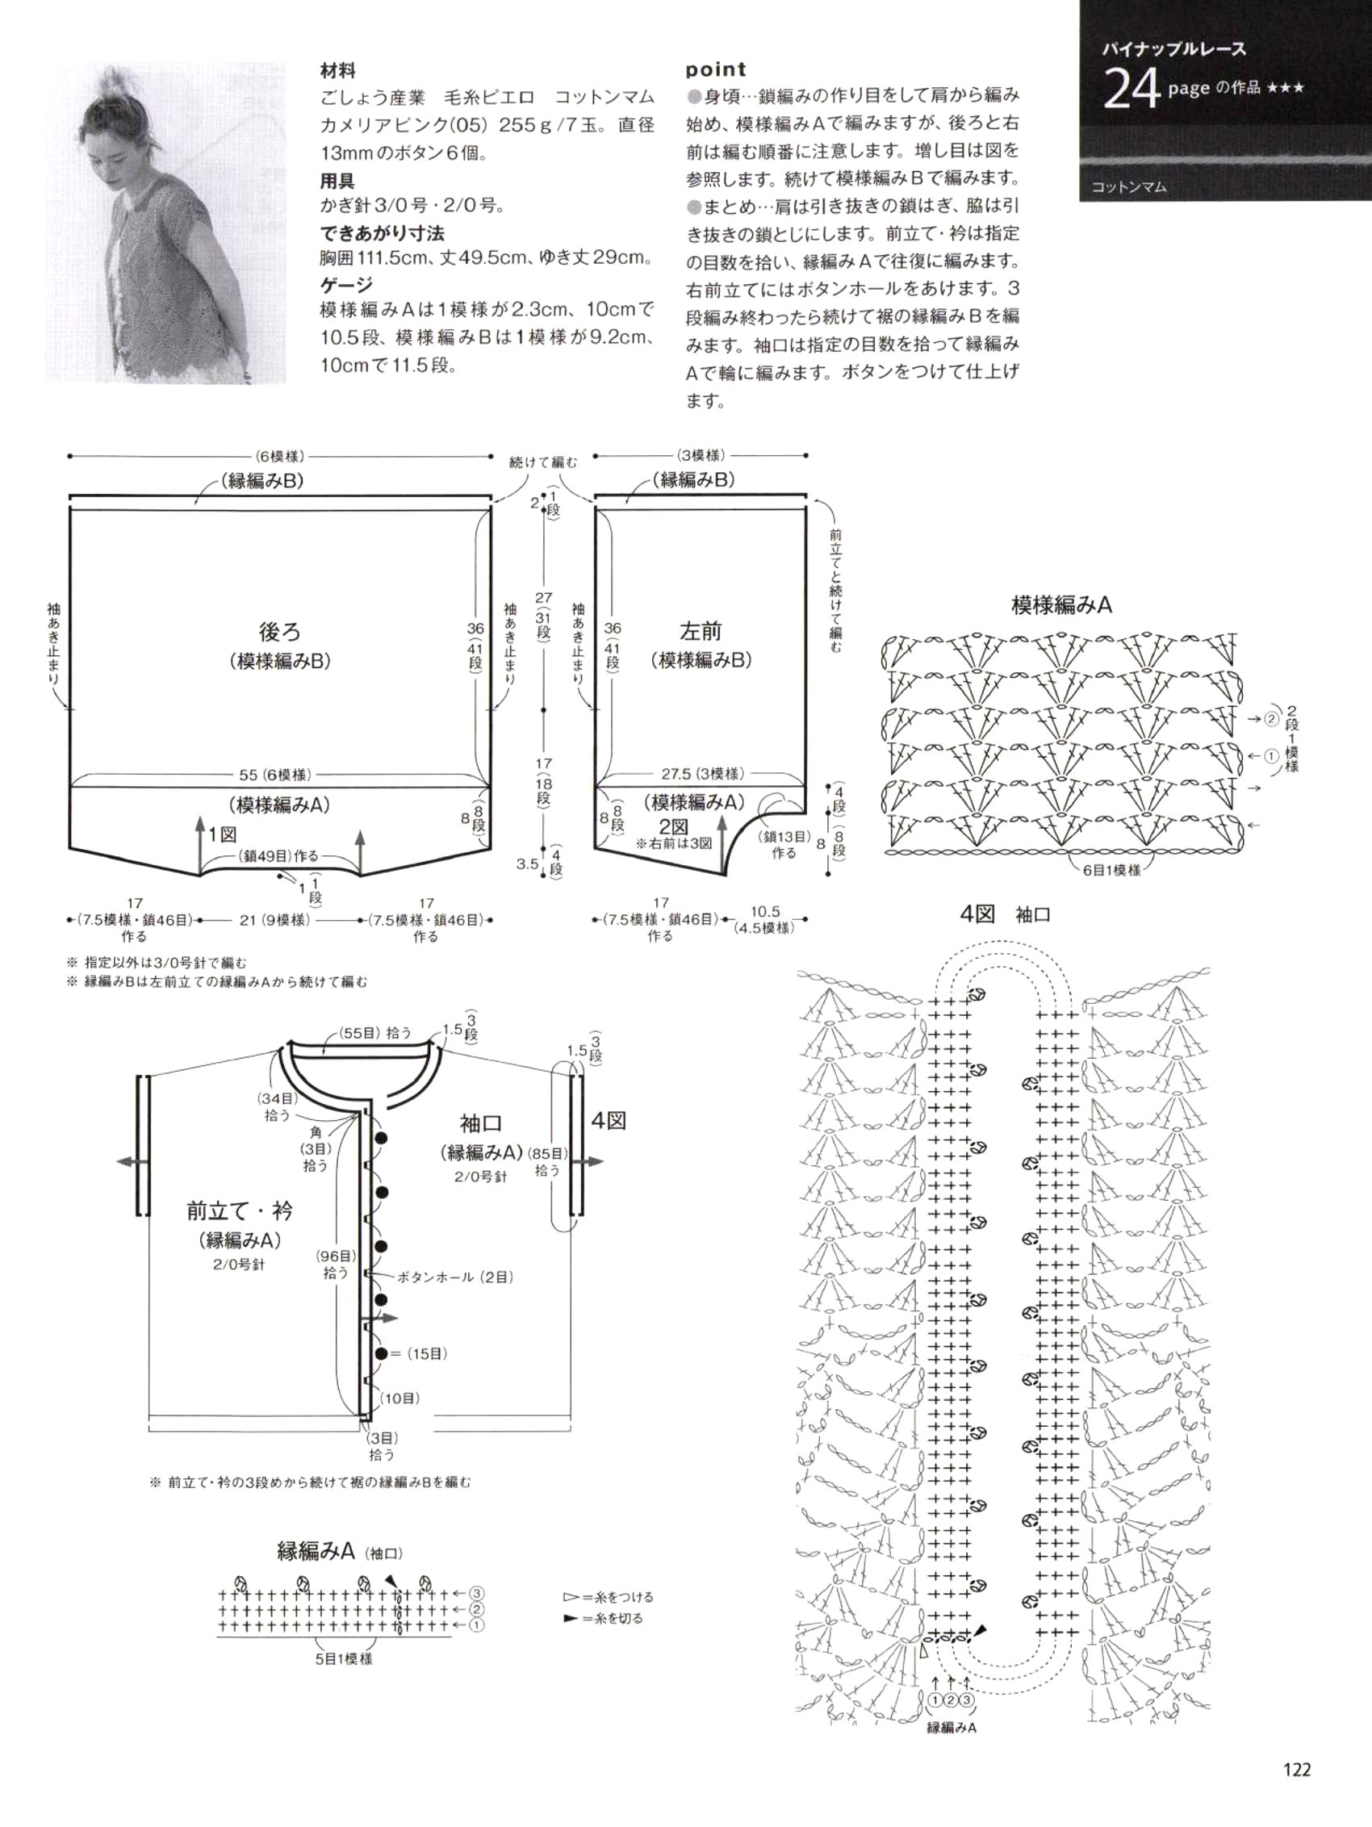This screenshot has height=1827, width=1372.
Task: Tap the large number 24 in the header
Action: click(x=1131, y=90)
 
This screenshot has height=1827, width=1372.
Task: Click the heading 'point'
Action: click(x=715, y=69)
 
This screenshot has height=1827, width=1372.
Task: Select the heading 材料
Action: click(x=338, y=71)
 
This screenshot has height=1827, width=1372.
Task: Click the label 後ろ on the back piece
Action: click(x=280, y=632)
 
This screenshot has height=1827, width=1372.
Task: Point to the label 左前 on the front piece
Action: click(x=701, y=632)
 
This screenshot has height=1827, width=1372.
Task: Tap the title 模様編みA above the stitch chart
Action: click(x=1061, y=605)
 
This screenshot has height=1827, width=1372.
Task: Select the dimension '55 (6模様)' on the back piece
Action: click(x=275, y=775)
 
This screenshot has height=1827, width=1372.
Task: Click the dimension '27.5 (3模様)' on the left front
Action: click(x=702, y=774)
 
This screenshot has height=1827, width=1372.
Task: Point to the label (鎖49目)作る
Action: click(x=278, y=856)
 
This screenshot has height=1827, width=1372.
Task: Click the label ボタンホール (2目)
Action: click(x=455, y=1277)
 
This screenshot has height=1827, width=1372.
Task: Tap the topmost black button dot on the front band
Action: click(x=381, y=1139)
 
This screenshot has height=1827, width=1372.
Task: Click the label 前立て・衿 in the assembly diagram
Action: click(x=240, y=1210)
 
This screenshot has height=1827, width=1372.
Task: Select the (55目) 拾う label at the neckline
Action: click(x=375, y=1033)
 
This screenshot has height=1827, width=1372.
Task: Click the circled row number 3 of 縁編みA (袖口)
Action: click(x=477, y=1593)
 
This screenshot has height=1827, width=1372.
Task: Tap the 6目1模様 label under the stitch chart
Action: click(x=1111, y=870)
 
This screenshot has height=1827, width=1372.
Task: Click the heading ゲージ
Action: click(x=347, y=285)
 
